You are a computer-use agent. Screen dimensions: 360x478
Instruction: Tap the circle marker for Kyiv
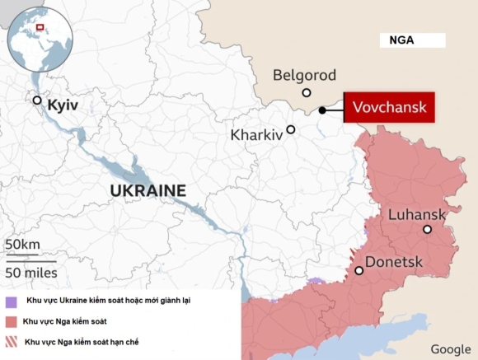click(37, 101)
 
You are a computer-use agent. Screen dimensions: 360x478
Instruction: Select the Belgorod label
click(304, 76)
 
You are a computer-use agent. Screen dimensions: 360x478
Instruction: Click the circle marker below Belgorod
click(307, 93)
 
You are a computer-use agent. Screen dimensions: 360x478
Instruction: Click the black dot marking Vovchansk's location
click(323, 110)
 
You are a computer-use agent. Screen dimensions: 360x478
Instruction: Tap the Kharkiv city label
click(257, 133)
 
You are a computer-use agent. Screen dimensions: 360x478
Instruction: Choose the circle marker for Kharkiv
click(291, 129)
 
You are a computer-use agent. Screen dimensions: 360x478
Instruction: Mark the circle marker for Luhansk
click(427, 229)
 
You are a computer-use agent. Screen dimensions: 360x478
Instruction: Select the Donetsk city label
click(393, 262)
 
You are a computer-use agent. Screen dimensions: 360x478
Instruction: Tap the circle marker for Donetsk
click(358, 270)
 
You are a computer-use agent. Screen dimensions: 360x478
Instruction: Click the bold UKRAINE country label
click(148, 190)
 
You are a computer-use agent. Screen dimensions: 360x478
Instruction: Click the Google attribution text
click(450, 348)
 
